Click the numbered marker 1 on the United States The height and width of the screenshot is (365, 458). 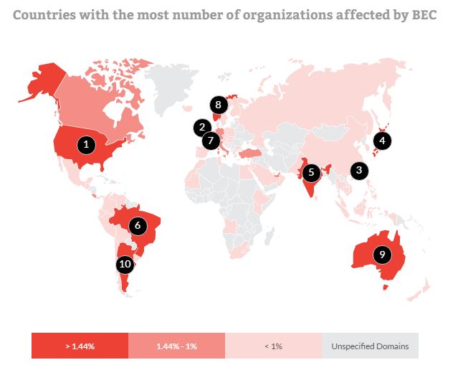(x=87, y=144)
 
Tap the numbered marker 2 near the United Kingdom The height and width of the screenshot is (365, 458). (x=201, y=128)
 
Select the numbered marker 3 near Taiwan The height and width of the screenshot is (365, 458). (x=358, y=171)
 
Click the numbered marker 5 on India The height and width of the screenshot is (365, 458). (x=310, y=172)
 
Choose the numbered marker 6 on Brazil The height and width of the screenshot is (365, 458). (x=138, y=225)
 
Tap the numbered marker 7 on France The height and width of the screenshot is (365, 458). (x=210, y=141)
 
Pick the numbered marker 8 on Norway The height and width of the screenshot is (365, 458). (x=219, y=105)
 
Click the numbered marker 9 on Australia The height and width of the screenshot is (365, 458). (x=382, y=253)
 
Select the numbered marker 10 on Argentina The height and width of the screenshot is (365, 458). (x=125, y=264)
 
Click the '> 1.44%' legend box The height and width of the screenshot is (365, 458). (x=80, y=346)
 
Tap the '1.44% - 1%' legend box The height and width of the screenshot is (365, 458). (x=176, y=346)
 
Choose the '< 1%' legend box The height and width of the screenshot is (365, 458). (x=273, y=346)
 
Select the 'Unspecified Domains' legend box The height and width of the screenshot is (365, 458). (x=370, y=346)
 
